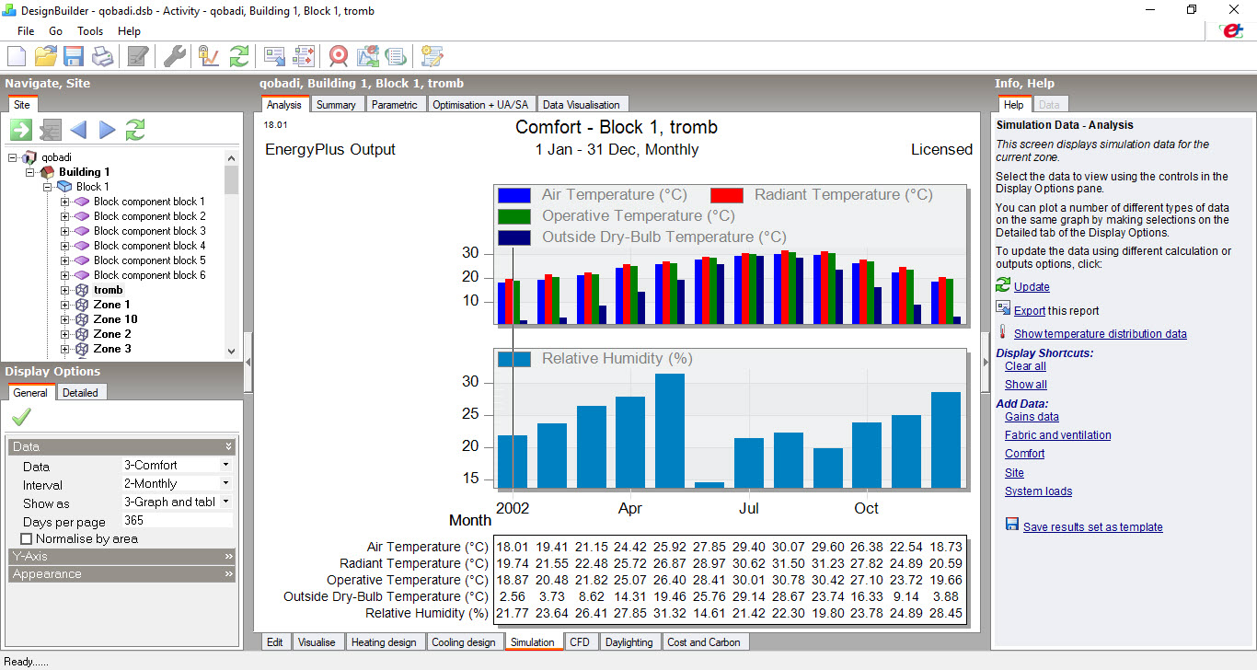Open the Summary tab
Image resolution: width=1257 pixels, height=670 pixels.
coord(336,105)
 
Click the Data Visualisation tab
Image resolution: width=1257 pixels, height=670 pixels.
coord(581,105)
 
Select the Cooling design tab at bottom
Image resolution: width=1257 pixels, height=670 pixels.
coord(463,642)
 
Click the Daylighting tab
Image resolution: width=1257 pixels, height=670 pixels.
coord(628,642)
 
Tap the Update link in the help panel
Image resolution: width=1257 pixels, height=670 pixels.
coord(1032,287)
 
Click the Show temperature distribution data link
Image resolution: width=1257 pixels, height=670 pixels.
coord(1100,334)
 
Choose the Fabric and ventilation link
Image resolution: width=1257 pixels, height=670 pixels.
coord(1058,435)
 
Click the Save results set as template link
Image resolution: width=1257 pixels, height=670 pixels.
coord(1092,527)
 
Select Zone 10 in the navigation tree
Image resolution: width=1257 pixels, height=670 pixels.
coord(115,319)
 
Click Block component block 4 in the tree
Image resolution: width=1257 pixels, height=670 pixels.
coord(149,246)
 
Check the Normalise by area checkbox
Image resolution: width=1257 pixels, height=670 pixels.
coord(26,539)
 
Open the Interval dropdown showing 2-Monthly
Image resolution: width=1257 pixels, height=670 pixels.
coord(177,483)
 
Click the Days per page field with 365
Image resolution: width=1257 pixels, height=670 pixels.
coord(177,520)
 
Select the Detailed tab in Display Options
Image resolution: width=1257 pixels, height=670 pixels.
coord(80,393)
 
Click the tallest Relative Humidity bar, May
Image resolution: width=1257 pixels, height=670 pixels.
coord(670,431)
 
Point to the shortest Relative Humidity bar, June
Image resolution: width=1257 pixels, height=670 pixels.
coord(709,485)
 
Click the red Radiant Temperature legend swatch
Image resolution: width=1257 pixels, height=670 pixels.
coord(727,195)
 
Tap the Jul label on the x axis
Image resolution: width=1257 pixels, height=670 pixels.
coord(749,508)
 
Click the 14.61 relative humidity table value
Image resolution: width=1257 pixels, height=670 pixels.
coord(709,613)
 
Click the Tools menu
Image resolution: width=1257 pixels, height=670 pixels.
coord(90,31)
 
